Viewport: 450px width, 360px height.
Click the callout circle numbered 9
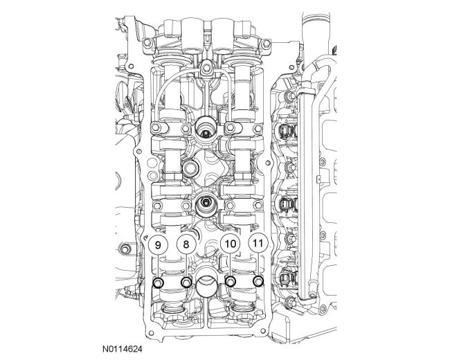[158, 244]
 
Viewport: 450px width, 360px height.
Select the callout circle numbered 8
[186, 244]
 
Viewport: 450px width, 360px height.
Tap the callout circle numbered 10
[230, 244]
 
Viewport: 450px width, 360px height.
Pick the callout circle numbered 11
[258, 244]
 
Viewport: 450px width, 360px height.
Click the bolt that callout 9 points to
[159, 282]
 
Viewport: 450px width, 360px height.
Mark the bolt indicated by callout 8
[186, 282]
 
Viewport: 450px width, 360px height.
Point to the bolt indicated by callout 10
[230, 282]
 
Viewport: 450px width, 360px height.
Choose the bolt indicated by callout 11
[258, 281]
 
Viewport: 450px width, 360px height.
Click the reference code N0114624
[123, 349]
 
